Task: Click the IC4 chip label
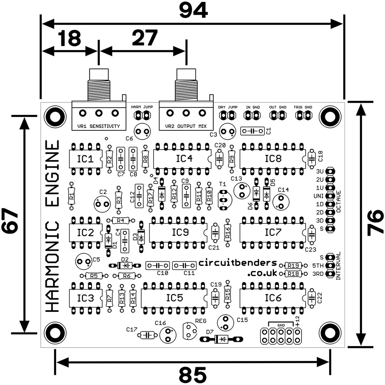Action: (x=184, y=158)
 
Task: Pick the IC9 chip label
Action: (x=180, y=233)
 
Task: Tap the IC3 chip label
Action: (x=85, y=298)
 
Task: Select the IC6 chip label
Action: (x=273, y=298)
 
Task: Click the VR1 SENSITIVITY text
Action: (x=99, y=126)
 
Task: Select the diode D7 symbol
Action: (x=222, y=339)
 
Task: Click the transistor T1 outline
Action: (x=224, y=199)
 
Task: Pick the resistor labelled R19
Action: (x=293, y=265)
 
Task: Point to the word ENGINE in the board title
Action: (x=52, y=174)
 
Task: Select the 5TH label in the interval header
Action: (x=318, y=266)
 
